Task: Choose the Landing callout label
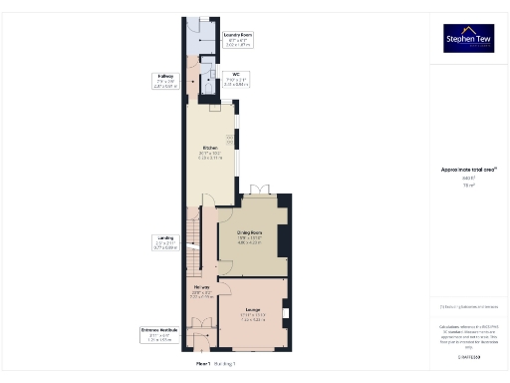[x=164, y=240]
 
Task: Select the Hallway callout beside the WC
[x=166, y=81]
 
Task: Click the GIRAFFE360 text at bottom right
[x=468, y=355]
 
